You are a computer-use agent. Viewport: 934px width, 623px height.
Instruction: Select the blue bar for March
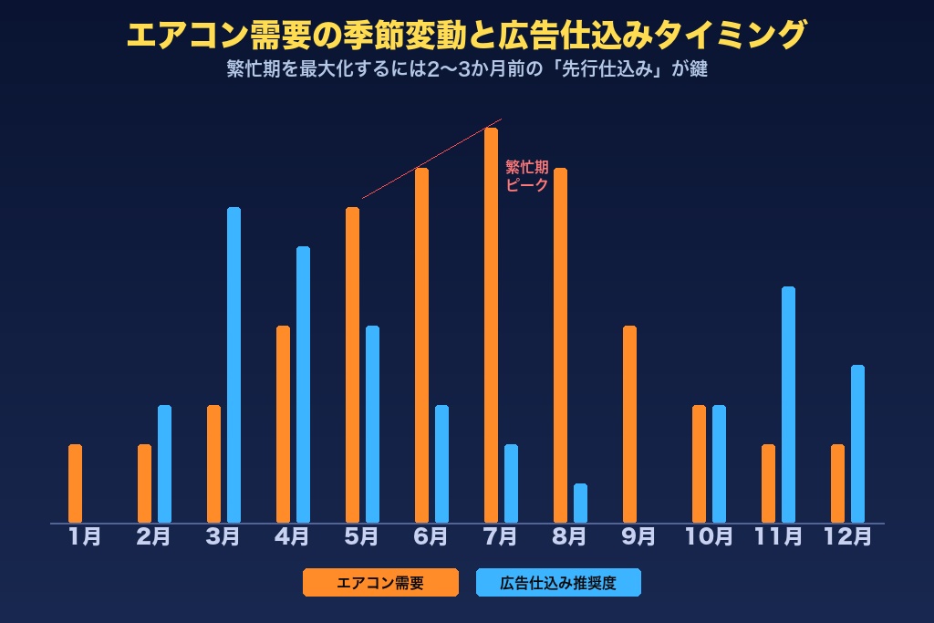pos(234,365)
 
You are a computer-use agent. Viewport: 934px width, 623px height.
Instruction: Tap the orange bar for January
pos(75,483)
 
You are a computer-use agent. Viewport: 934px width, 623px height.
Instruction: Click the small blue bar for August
pos(580,504)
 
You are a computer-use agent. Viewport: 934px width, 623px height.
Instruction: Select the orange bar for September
pos(629,424)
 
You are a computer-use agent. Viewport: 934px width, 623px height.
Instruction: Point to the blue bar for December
pos(857,444)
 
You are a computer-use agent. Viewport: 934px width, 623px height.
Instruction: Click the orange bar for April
pos(283,424)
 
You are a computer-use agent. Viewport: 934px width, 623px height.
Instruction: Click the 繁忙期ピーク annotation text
pos(527,176)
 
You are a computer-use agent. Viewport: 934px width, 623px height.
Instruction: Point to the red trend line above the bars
pos(431,159)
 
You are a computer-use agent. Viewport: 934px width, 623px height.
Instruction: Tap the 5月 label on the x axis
pos(361,537)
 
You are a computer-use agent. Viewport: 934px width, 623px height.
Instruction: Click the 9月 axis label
pos(638,537)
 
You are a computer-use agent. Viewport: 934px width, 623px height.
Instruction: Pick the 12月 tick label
pos(847,537)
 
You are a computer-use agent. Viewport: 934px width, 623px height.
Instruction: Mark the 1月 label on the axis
pos(84,537)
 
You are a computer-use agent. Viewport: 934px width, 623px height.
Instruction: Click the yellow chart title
pos(466,36)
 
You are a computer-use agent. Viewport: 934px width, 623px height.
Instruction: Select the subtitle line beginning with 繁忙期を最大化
pos(467,70)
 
